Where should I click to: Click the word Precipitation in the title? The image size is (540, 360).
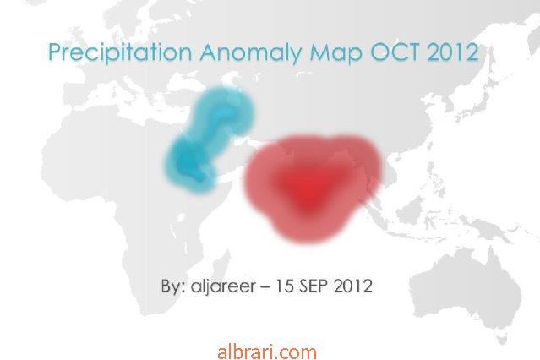click(120, 52)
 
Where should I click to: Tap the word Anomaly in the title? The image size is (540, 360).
click(251, 53)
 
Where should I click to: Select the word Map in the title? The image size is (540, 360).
click(336, 53)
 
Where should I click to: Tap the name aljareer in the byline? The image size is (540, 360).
click(223, 286)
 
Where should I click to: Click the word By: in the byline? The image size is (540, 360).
click(173, 286)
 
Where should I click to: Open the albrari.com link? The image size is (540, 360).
click(267, 352)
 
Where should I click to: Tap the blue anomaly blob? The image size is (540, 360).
click(209, 138)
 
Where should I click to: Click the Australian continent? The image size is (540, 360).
click(468, 293)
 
